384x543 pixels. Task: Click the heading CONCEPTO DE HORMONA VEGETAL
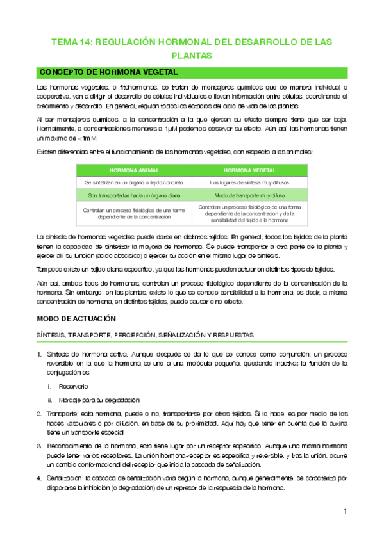104,72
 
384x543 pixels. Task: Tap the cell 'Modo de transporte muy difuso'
249,195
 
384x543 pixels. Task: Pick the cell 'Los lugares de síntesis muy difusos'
249,182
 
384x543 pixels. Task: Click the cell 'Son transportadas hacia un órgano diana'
133,195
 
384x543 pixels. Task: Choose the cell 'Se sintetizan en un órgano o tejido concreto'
133,182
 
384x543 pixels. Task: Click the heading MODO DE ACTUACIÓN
76,318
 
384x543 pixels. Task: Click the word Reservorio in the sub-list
73,386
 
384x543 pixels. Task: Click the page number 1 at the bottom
344,512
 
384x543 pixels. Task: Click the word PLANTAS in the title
192,56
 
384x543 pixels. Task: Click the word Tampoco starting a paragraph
51,268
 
